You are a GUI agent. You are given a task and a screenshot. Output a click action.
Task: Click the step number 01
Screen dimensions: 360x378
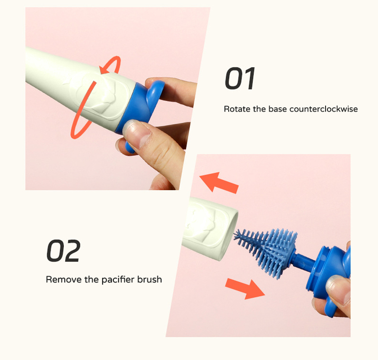point(240,79)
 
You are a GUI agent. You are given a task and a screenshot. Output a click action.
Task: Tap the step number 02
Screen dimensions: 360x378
point(63,251)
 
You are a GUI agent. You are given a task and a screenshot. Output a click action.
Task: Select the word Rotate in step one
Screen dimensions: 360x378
point(237,109)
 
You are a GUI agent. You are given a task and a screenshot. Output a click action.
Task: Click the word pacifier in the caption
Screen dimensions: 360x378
point(118,280)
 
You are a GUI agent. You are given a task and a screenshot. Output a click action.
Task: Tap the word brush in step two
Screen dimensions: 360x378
point(149,280)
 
